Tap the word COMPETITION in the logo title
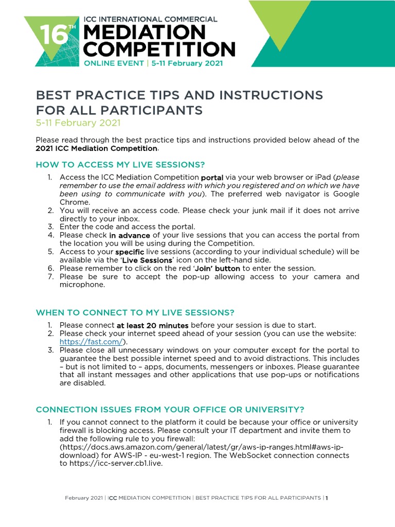tap(159, 50)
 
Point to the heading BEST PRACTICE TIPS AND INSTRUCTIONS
tap(179, 95)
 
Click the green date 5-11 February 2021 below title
tap(78, 122)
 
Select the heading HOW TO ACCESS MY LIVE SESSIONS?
tap(120, 165)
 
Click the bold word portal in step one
tap(212, 178)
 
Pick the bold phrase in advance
tap(130, 235)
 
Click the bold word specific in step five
tap(130, 252)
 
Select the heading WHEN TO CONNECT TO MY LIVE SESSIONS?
tap(135, 312)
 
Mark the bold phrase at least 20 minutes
tap(153, 325)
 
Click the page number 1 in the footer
tap(327, 498)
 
